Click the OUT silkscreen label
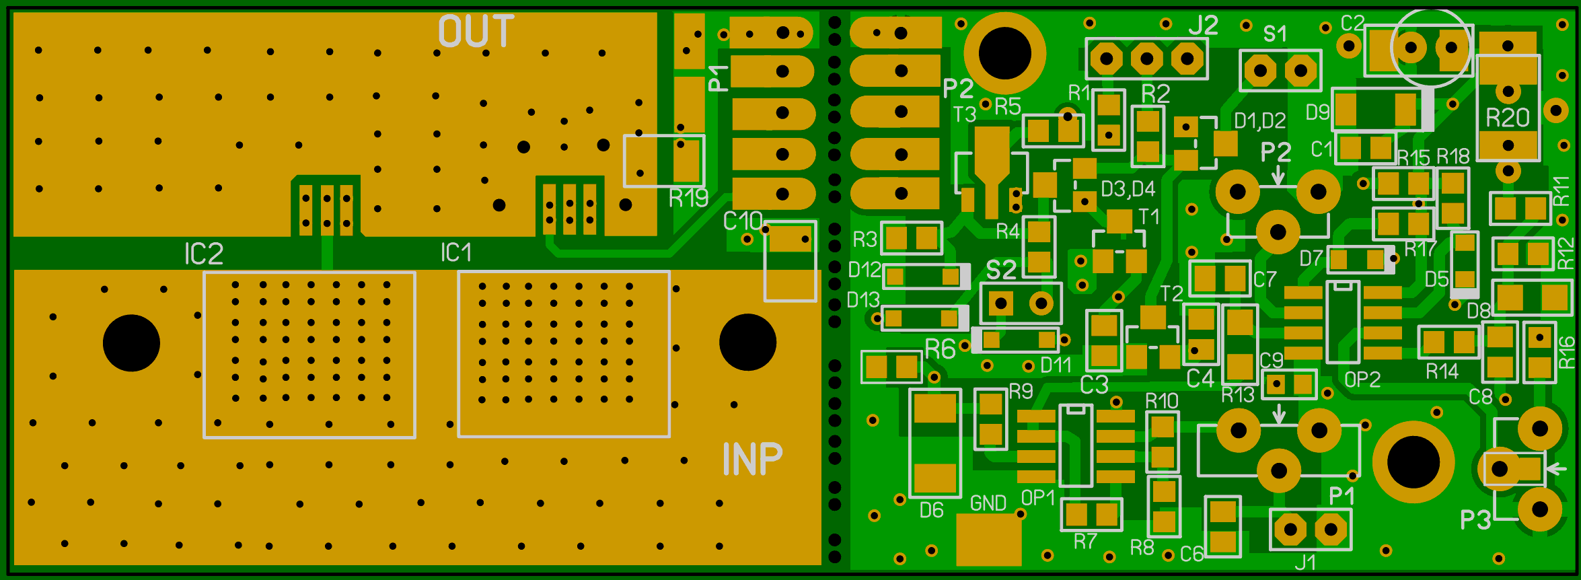tap(476, 31)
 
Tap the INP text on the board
tap(753, 459)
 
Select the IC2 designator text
tap(204, 254)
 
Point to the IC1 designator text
tap(456, 252)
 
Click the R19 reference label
tap(688, 198)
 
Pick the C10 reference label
tap(743, 221)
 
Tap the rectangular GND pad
tap(988, 540)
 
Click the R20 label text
tap(1508, 118)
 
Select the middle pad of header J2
tap(1146, 59)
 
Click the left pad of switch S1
tap(1260, 71)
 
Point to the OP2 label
tap(1362, 380)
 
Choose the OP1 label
tap(1038, 498)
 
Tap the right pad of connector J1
tap(1330, 530)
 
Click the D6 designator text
tap(932, 511)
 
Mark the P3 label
tap(1475, 519)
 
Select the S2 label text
tap(1001, 270)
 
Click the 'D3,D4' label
tap(1128, 189)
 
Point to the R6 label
tap(941, 349)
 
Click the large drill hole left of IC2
tap(131, 343)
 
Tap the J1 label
tap(1305, 562)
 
